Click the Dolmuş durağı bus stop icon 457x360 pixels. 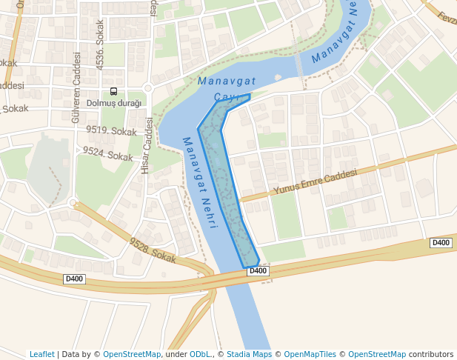click(113, 91)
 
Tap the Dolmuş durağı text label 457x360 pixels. click(113, 103)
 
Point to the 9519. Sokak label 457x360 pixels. click(112, 131)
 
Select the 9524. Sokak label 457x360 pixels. click(108, 153)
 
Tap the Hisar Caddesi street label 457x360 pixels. click(147, 146)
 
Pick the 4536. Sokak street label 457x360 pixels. click(100, 45)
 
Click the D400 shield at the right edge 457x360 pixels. click(441, 243)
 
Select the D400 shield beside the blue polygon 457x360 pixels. click(257, 271)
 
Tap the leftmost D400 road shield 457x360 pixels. click(74, 279)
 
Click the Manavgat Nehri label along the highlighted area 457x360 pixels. click(199, 181)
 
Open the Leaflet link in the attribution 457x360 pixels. click(41, 354)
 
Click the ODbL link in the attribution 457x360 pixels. click(200, 354)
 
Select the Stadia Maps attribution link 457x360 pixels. click(249, 354)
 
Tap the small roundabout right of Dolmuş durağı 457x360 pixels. click(147, 88)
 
